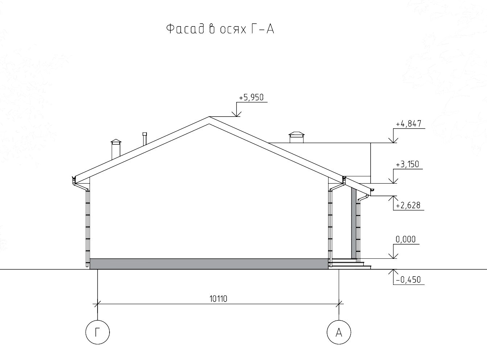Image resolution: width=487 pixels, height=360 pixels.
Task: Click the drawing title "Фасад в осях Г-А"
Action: point(220,29)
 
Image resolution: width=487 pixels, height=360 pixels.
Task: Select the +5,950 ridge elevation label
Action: point(251,97)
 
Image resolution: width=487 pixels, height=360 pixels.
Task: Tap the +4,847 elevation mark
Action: point(408,124)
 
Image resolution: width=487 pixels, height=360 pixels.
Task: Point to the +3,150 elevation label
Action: point(407,164)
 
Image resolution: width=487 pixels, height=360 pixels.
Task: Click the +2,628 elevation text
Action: point(408,205)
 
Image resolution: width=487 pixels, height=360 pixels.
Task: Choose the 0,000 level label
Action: point(405,240)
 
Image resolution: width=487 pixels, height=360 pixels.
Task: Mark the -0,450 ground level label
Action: point(408,280)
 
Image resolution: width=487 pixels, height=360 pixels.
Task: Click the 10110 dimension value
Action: point(218,299)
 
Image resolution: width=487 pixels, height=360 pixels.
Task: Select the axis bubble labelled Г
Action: point(98,332)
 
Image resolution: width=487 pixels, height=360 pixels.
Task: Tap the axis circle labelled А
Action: point(339,332)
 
